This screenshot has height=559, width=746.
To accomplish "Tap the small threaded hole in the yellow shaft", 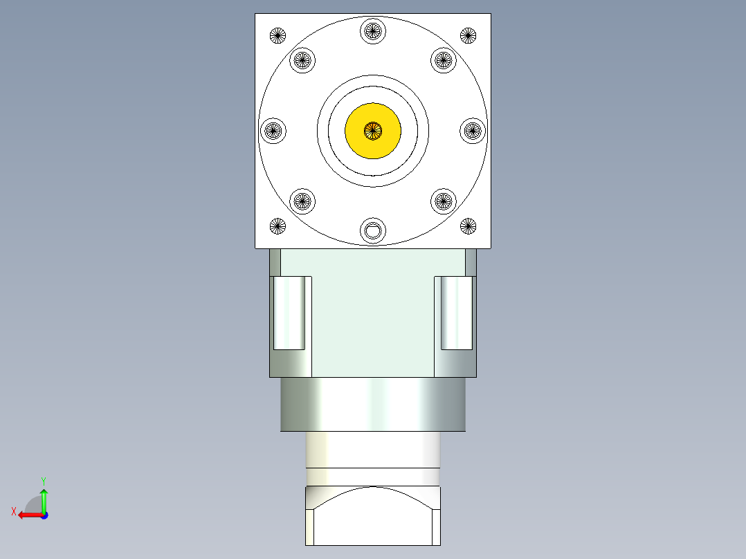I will (373, 129).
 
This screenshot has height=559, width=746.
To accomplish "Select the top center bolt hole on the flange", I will (373, 30).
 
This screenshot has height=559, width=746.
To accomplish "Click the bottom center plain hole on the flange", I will (373, 230).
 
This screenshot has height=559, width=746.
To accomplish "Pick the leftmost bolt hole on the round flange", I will (273, 130).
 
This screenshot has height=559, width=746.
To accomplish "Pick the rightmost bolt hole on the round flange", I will (473, 130).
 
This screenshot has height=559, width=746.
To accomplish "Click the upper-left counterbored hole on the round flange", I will (302, 59).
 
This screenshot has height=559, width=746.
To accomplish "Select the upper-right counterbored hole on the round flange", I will (444, 59).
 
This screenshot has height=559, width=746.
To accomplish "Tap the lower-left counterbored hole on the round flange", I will (302, 201).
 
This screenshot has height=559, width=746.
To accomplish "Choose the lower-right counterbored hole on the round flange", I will (444, 201).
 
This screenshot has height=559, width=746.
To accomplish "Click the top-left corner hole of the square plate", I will (278, 35).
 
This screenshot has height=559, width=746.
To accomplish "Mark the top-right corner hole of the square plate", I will (468, 35).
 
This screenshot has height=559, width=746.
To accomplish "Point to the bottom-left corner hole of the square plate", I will (278, 225).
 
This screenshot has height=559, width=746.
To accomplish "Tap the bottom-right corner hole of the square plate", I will (468, 225).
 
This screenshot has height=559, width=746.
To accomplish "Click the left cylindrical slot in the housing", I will (289, 313).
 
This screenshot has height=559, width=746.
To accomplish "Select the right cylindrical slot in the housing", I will (457, 313).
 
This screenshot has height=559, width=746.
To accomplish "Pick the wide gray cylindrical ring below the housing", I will (373, 405).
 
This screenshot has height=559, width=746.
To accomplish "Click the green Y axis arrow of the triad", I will (44, 495).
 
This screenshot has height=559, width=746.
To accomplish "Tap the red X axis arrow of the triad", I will (26, 515).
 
